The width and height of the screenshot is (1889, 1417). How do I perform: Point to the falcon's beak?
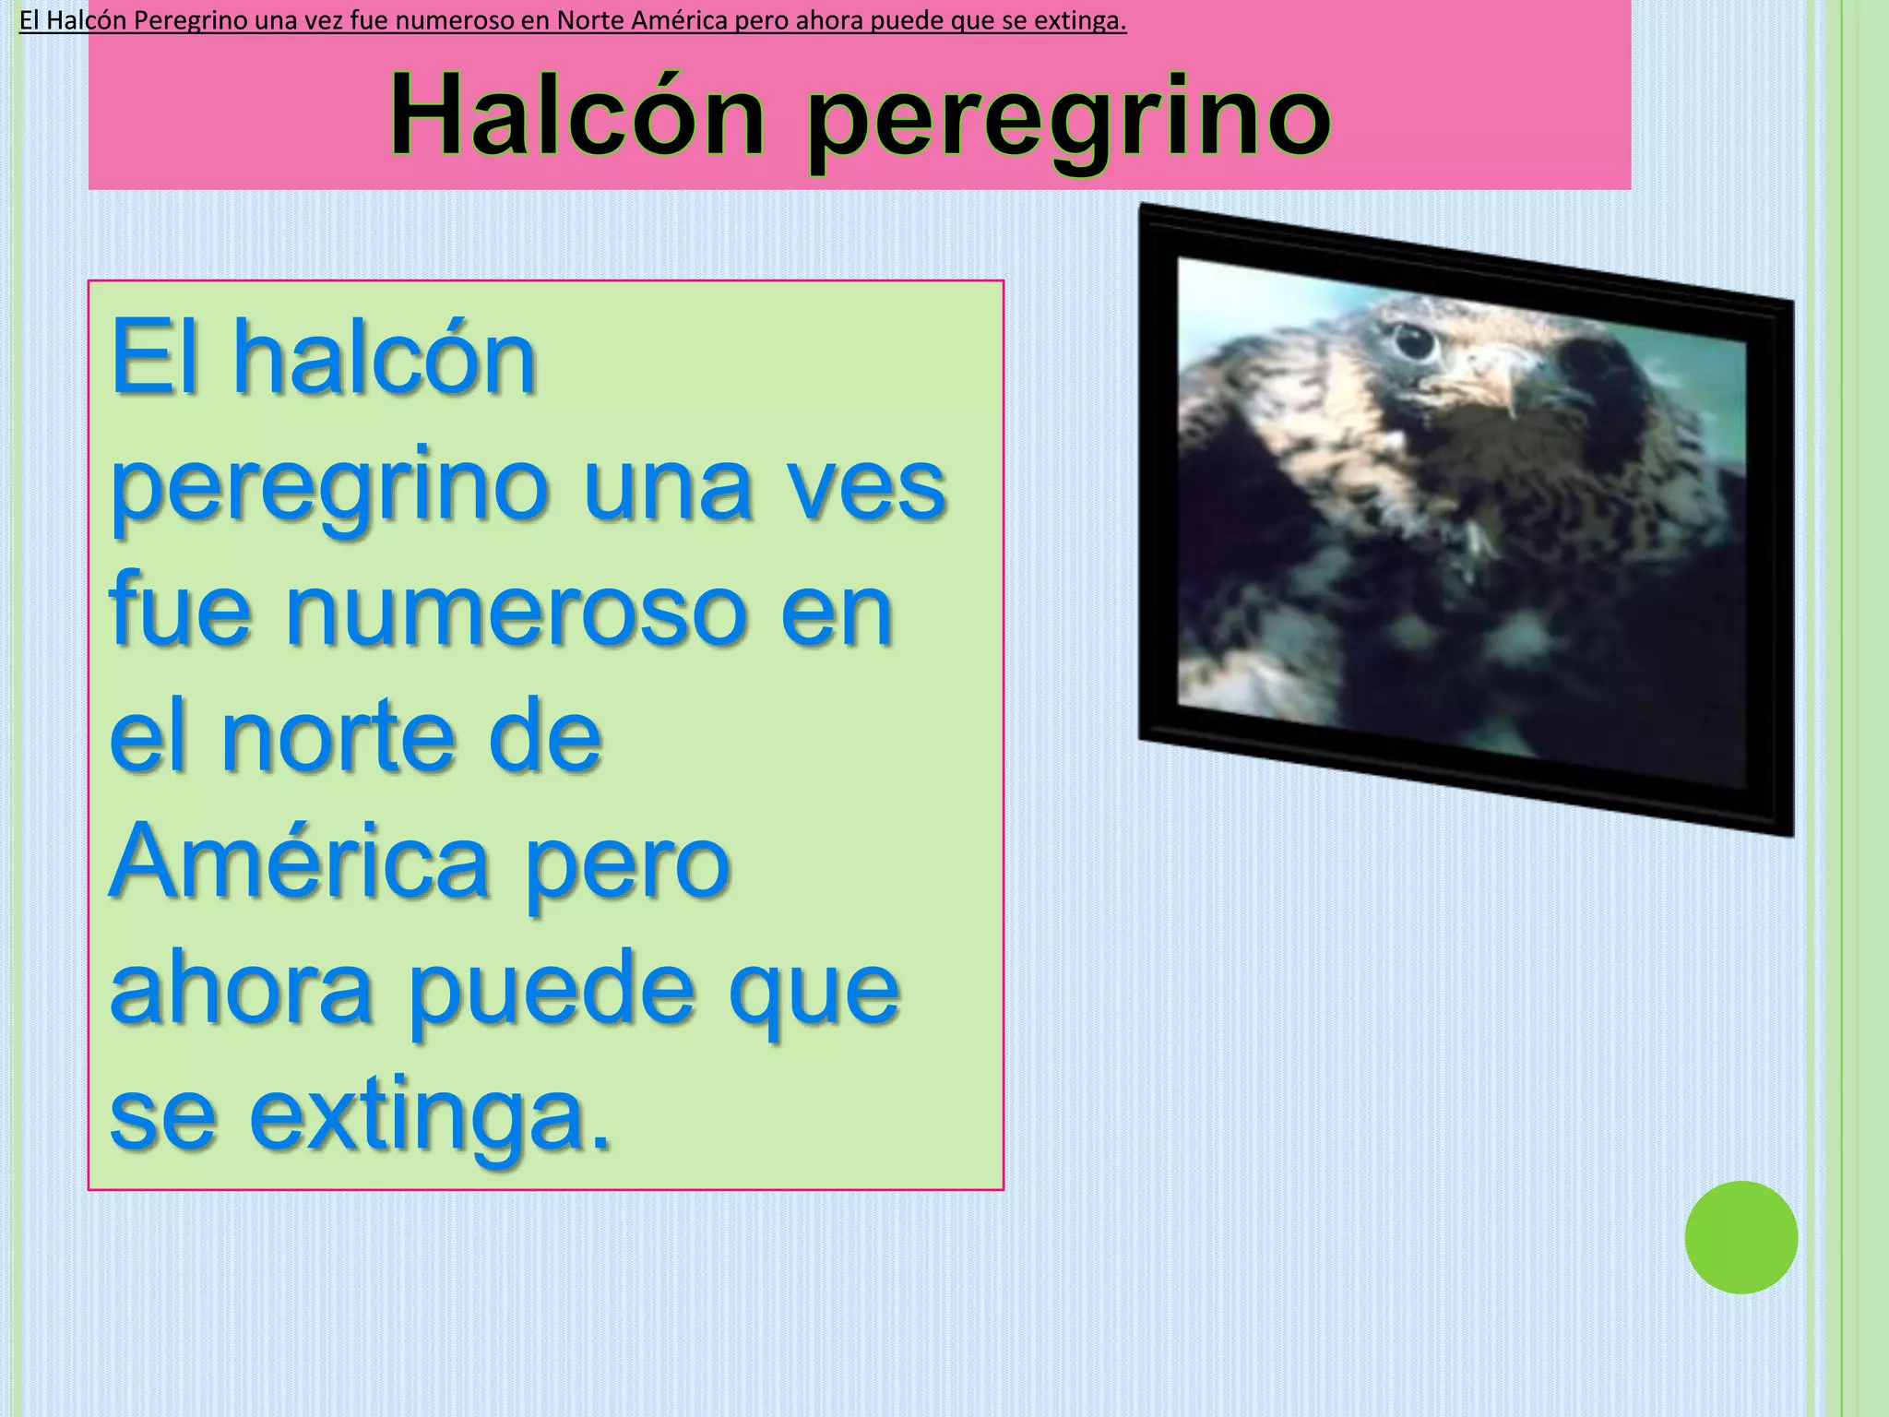pyautogui.click(x=1499, y=377)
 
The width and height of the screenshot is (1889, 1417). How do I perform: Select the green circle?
pyautogui.click(x=1740, y=1237)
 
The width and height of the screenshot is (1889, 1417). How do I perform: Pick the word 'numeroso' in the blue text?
pyautogui.click(x=517, y=609)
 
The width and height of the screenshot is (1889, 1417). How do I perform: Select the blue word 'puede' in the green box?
pyautogui.click(x=551, y=993)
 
